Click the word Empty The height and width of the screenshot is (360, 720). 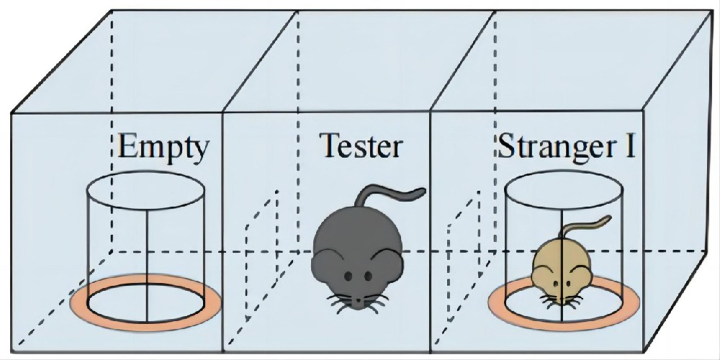[163, 148]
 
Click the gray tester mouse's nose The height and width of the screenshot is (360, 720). [357, 297]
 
